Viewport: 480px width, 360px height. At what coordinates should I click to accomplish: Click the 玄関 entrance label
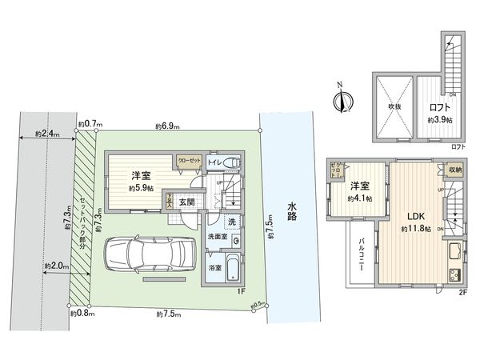(x=187, y=202)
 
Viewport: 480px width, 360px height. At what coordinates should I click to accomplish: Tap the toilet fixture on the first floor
(x=231, y=163)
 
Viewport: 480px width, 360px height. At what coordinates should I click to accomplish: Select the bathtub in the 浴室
(x=230, y=269)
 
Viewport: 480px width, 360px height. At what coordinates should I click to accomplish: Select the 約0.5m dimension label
(x=258, y=303)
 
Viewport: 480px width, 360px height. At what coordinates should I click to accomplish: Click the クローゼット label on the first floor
(x=189, y=160)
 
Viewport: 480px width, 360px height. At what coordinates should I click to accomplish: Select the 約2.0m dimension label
(x=55, y=265)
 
